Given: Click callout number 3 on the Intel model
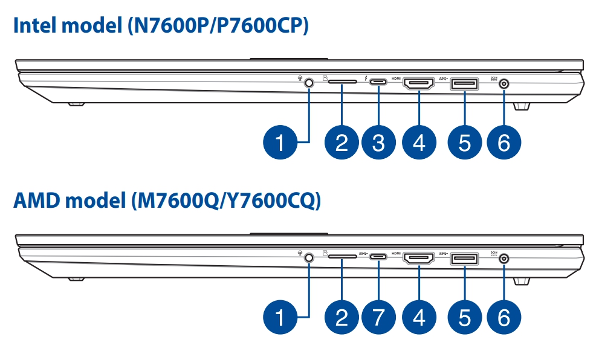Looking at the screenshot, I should click(x=378, y=143).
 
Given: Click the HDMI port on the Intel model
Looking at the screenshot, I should click(x=419, y=83).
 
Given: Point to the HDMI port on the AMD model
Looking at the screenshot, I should click(x=419, y=259).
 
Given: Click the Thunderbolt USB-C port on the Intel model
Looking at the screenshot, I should click(x=378, y=83).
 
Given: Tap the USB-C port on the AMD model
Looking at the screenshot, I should click(x=378, y=257).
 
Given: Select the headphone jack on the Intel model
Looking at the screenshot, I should click(x=309, y=83).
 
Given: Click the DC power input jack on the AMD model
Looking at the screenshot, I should click(x=504, y=258).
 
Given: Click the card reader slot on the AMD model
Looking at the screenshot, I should click(x=342, y=257).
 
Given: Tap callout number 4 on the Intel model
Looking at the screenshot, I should click(x=419, y=143).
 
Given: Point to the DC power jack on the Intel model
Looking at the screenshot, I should click(x=504, y=83).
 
